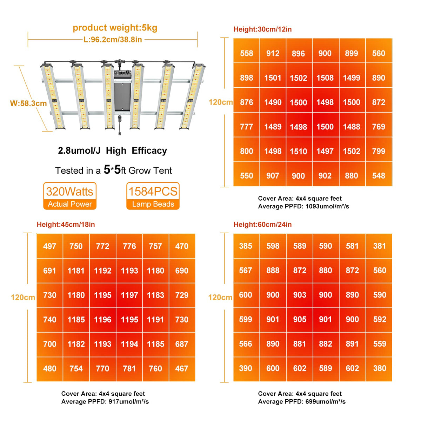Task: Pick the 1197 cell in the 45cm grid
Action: tap(129, 295)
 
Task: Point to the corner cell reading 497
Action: tap(49, 246)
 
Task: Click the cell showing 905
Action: tap(300, 320)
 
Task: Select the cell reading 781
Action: tap(129, 369)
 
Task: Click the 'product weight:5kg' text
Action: tap(115, 28)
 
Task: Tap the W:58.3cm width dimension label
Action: tap(28, 103)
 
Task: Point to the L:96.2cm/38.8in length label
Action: tap(113, 40)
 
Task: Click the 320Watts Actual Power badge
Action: tap(70, 196)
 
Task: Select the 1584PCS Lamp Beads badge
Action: tap(153, 196)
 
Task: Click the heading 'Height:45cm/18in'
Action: tap(66, 225)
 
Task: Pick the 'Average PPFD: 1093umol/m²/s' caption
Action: tap(303, 206)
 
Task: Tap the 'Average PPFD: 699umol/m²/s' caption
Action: tap(302, 402)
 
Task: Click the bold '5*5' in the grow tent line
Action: tap(112, 169)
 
